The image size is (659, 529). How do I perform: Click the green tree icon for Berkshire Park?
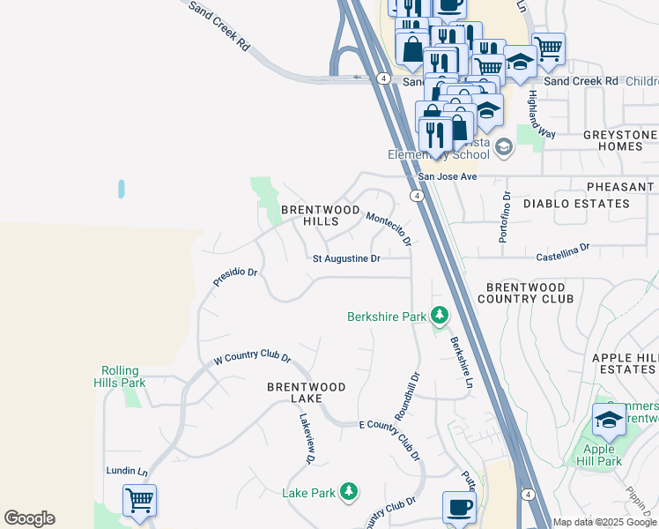(439, 316)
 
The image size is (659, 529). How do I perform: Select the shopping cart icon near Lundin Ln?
(139, 501)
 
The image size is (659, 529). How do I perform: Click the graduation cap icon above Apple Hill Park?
(609, 420)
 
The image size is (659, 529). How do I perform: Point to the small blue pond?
(121, 189)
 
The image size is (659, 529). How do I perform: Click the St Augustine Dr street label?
(346, 258)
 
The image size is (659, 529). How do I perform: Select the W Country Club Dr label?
(252, 357)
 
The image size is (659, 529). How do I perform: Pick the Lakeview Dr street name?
(306, 438)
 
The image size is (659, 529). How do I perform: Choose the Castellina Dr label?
(562, 253)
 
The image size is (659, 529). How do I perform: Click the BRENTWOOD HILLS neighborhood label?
(320, 216)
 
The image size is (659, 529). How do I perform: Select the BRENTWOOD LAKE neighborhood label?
(307, 393)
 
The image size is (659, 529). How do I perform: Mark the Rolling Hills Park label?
(121, 376)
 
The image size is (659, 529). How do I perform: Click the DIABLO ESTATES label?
(576, 204)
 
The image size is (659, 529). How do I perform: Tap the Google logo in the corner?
(29, 518)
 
